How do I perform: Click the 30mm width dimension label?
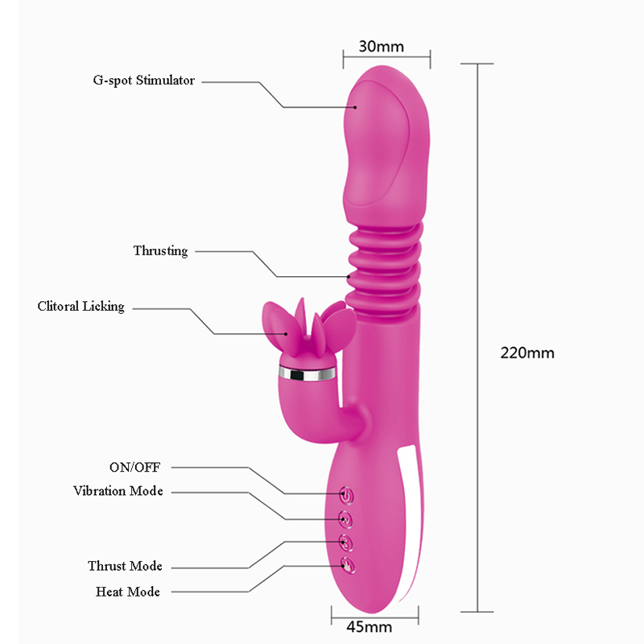381,46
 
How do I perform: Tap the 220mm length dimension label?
527,353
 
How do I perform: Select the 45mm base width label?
369,627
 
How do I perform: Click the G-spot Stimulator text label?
144,80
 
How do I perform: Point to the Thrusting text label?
160,250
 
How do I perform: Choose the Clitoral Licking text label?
81,307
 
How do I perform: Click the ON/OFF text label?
134,467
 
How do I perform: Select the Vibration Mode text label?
118,491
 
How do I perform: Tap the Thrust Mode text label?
125,566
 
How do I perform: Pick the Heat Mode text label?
128,592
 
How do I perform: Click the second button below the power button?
346,543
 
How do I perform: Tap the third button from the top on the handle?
346,543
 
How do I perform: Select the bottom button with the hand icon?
347,566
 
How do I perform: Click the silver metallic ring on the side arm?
307,373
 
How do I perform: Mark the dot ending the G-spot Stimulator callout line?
355,107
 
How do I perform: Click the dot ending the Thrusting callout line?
349,277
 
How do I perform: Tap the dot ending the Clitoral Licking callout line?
287,333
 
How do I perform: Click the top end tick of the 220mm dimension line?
477,64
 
